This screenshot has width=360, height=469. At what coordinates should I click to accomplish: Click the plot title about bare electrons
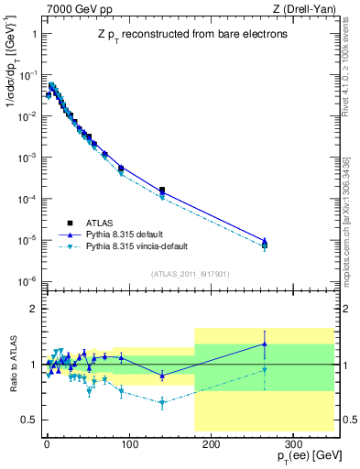(x=188, y=35)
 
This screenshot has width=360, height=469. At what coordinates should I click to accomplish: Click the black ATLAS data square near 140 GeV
(x=162, y=191)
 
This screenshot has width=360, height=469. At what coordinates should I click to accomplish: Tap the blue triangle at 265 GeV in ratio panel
(x=264, y=344)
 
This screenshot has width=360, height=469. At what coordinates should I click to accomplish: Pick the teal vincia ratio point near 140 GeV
(x=162, y=402)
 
